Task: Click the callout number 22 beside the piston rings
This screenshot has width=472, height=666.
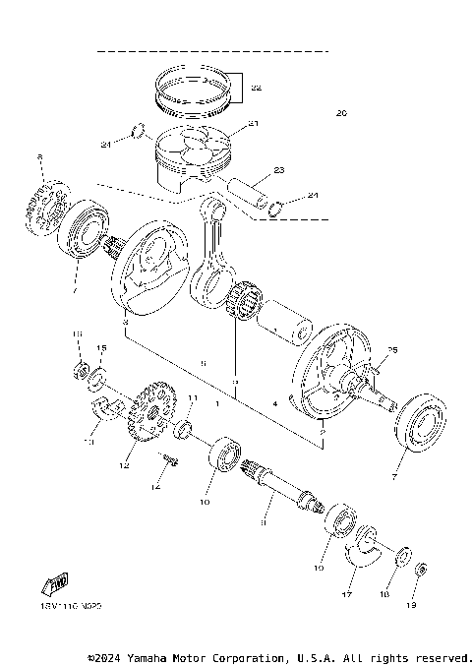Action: (x=257, y=88)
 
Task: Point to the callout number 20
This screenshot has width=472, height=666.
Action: (x=341, y=113)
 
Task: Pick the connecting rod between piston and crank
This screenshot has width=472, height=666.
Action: (x=215, y=246)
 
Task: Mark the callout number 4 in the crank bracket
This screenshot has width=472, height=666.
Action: (x=274, y=403)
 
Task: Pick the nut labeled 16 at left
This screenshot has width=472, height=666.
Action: (x=79, y=371)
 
